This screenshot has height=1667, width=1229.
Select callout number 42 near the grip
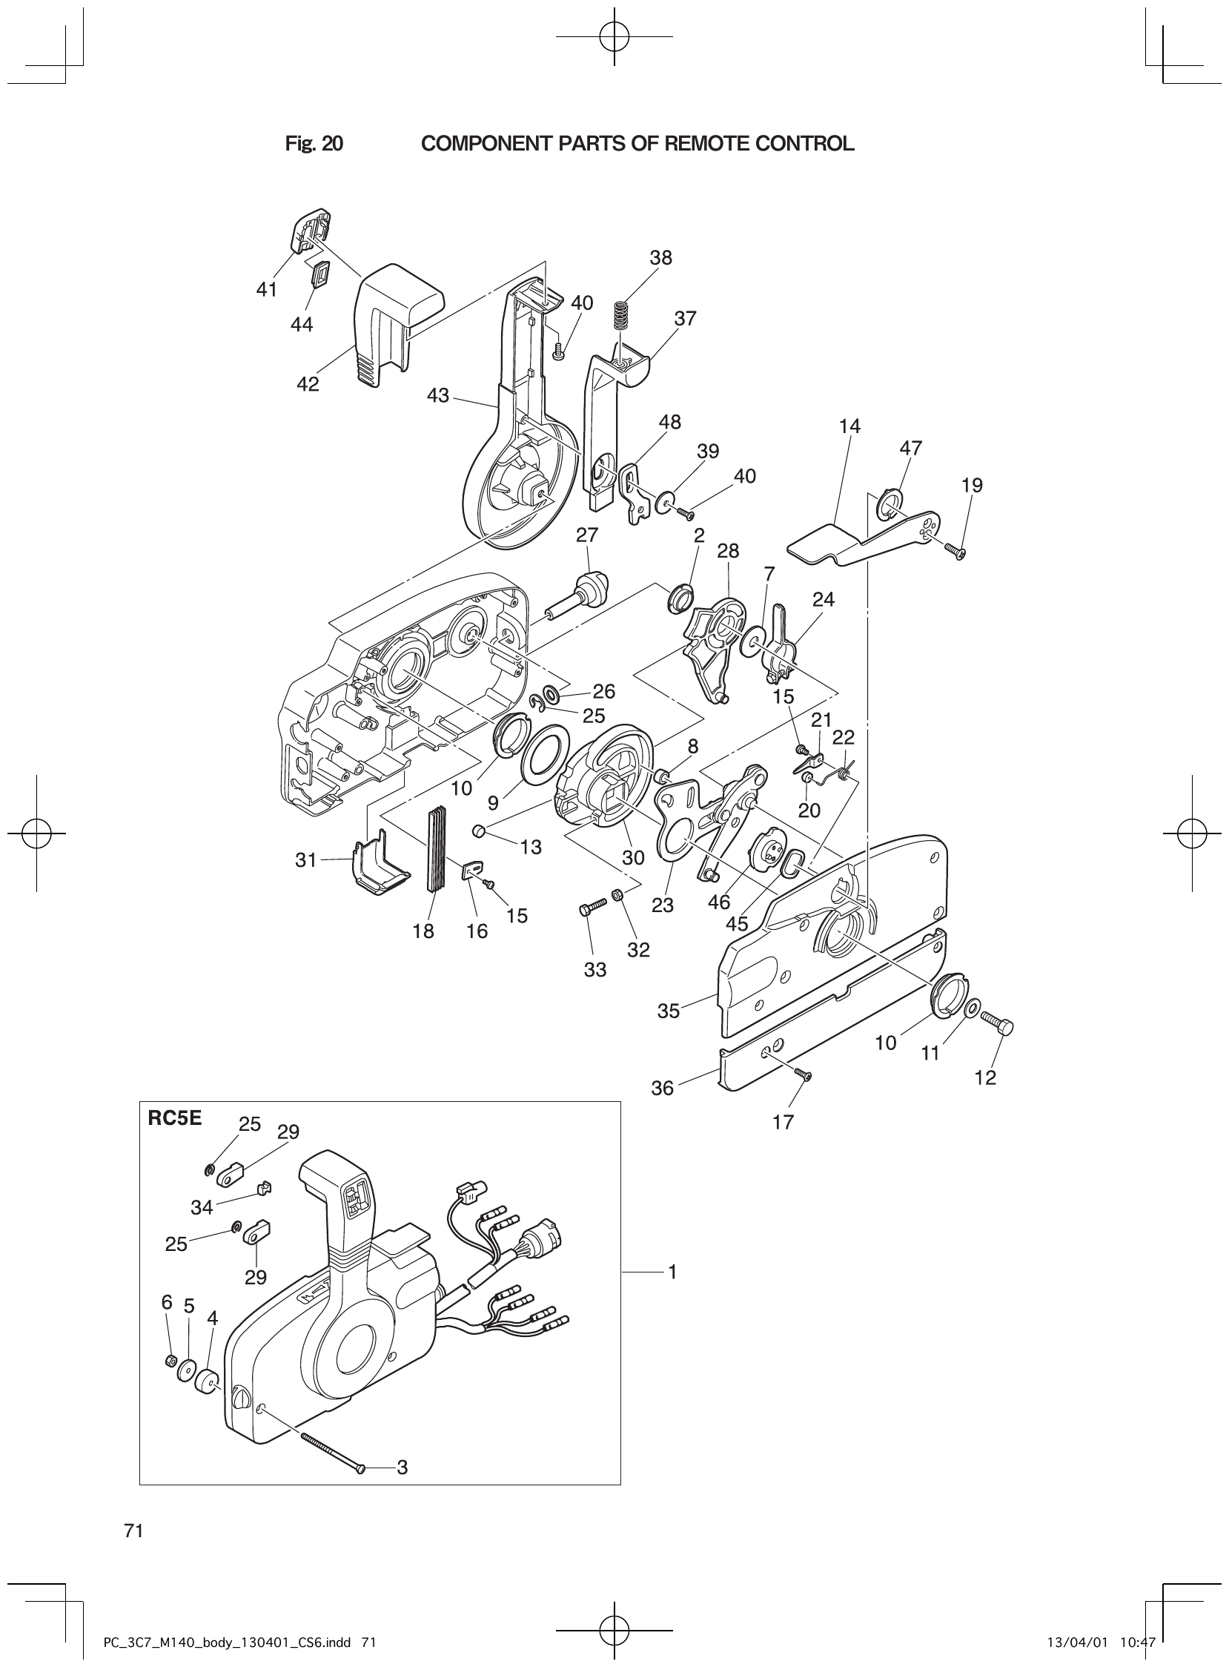point(307,384)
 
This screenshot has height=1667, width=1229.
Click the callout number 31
point(305,860)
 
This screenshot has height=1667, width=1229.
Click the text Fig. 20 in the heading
point(314,144)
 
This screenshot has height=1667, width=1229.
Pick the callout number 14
point(849,426)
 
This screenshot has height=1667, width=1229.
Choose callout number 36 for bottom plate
point(662,1088)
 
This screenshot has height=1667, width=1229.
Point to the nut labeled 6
point(169,1361)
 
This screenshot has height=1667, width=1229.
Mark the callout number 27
point(587,535)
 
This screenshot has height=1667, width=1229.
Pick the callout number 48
point(669,422)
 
